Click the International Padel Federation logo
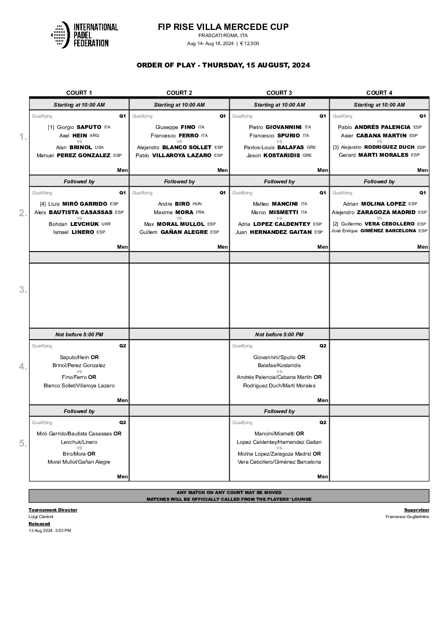coord(84,35)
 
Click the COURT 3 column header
coord(279,93)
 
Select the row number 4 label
coord(23,367)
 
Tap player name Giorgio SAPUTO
coord(79,127)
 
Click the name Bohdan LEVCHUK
coord(74,224)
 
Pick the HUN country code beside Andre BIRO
coord(197,204)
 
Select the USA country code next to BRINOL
coord(99,148)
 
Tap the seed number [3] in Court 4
coord(336,148)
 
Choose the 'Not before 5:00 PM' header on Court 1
coord(79,335)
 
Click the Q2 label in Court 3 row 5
coord(322,423)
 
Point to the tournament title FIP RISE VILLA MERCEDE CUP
coord(223,27)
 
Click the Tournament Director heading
coord(53,510)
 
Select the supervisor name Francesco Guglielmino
coord(407,517)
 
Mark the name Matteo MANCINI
coord(275,204)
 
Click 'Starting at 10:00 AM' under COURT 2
coord(179,105)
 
